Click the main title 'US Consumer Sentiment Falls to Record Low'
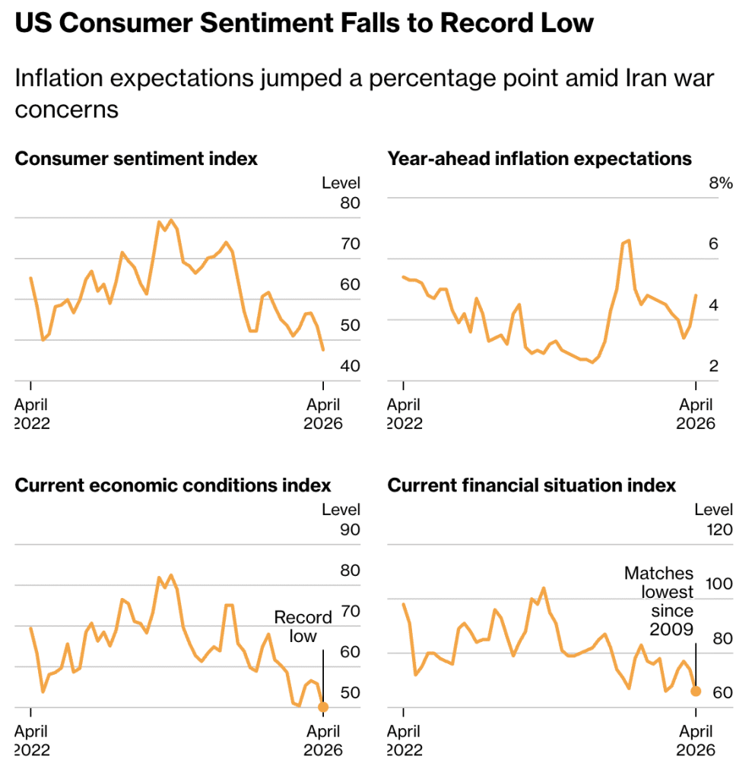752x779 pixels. tap(304, 23)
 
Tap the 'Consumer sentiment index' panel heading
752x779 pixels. tap(136, 158)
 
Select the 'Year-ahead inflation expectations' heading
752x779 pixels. tap(540, 158)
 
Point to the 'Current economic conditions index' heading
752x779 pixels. tap(173, 485)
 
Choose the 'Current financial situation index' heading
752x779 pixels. tap(531, 485)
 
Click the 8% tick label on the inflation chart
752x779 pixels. tap(721, 183)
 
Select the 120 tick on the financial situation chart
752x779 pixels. tap(719, 529)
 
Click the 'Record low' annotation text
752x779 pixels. tap(303, 626)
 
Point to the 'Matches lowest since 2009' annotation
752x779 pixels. tap(659, 601)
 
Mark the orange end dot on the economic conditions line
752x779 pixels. tap(323, 707)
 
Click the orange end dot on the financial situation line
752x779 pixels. tap(696, 691)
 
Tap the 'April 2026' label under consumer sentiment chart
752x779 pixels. tap(323, 414)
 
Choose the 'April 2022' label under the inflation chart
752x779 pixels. tap(405, 414)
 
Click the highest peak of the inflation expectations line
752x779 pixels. tap(628, 240)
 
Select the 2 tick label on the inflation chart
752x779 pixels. tap(713, 366)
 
